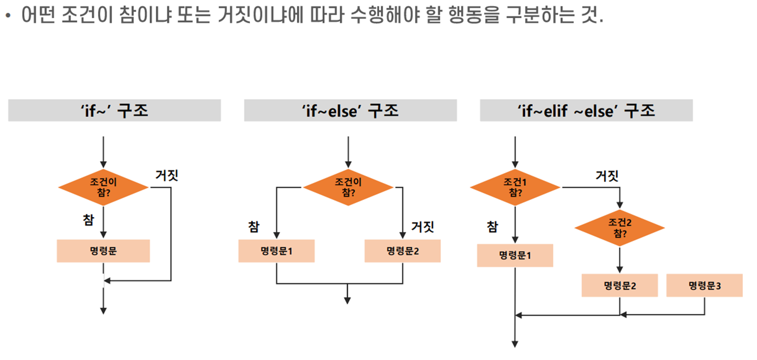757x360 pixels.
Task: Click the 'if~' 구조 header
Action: pyautogui.click(x=114, y=111)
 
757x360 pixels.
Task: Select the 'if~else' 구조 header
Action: pyautogui.click(x=350, y=111)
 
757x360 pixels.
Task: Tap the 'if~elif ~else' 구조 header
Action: pyautogui.click(x=586, y=111)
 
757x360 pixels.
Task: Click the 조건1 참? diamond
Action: pyautogui.click(x=515, y=187)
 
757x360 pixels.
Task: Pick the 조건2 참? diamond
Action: pyautogui.click(x=619, y=227)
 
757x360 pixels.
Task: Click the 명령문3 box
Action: pyautogui.click(x=704, y=285)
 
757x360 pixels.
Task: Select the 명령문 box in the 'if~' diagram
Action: pyautogui.click(x=103, y=251)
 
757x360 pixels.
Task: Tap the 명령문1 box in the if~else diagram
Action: pyautogui.click(x=276, y=251)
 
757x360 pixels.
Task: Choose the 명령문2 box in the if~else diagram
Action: pyautogui.click(x=402, y=251)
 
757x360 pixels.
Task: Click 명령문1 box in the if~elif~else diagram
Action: pyautogui.click(x=515, y=255)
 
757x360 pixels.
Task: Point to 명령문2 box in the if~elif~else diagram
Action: pyautogui.click(x=619, y=285)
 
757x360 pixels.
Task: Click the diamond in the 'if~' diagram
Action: pyautogui.click(x=103, y=187)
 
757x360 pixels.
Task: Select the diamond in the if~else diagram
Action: pyautogui.click(x=348, y=187)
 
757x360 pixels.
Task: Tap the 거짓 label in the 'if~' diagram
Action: pyautogui.click(x=167, y=175)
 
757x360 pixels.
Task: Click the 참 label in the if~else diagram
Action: pyautogui.click(x=253, y=226)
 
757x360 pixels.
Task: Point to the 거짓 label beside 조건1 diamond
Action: pyautogui.click(x=607, y=175)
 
